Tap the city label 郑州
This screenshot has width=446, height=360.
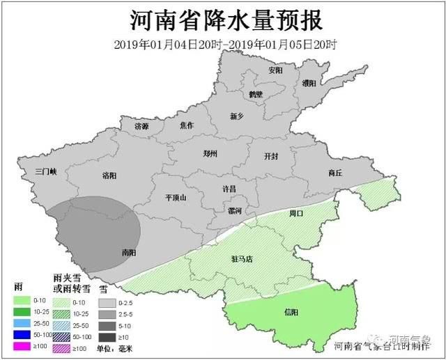tap(210, 155)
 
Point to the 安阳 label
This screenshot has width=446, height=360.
tap(275, 70)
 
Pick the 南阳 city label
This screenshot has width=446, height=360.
tap(128, 252)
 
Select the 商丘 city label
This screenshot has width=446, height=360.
tap(335, 173)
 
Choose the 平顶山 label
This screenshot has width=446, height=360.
tap(176, 198)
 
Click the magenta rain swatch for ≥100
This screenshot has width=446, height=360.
tap(23, 346)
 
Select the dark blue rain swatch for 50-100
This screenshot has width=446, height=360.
tap(23, 335)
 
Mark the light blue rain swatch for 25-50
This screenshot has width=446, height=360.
tap(23, 323)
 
